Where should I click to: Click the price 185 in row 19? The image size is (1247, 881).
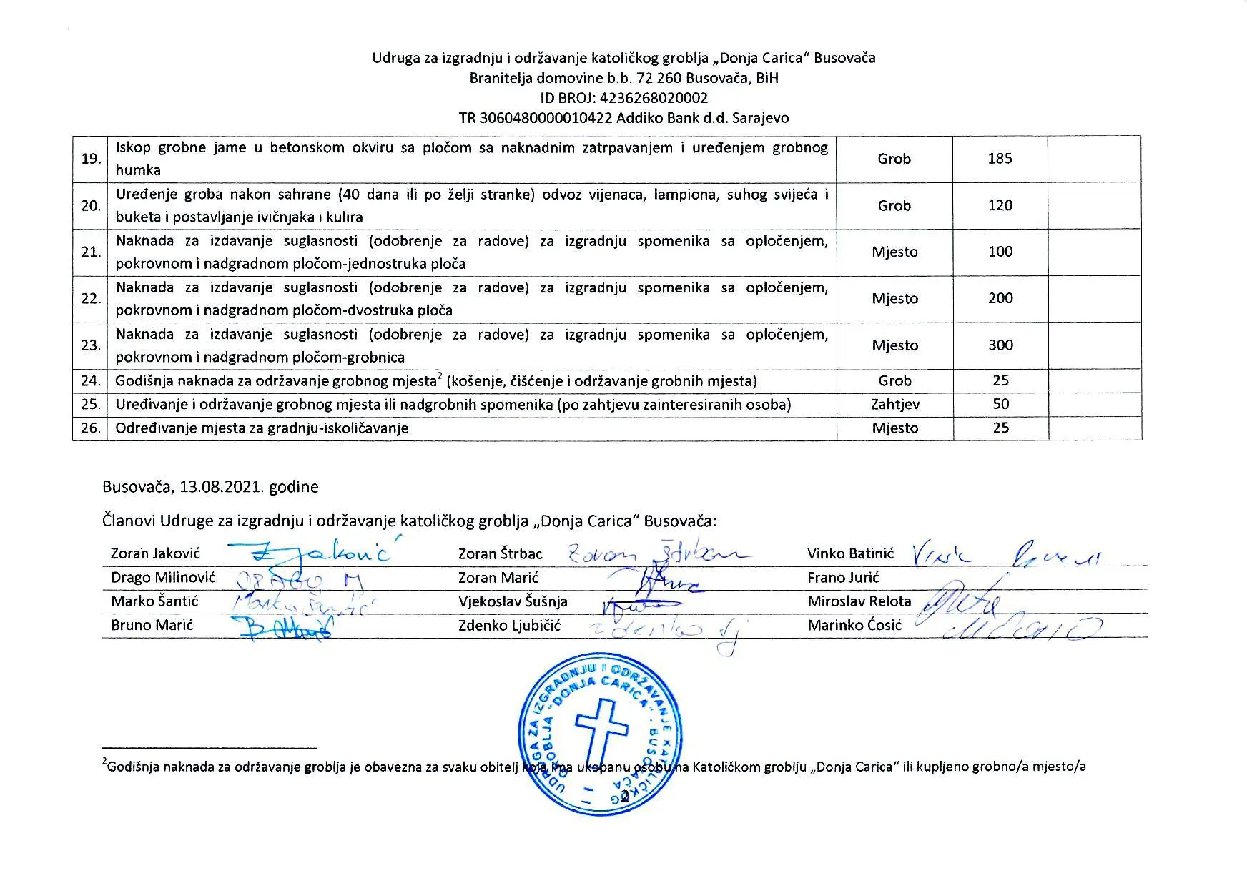click(1000, 159)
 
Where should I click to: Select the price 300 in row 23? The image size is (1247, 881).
click(1000, 345)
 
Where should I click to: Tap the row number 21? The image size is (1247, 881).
click(91, 252)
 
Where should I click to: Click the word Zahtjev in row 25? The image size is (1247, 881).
click(894, 405)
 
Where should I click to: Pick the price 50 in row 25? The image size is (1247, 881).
click(1000, 404)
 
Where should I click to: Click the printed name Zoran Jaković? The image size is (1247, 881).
click(155, 553)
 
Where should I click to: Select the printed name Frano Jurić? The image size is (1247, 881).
click(843, 578)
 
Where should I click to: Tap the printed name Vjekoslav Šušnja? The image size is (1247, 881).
click(513, 602)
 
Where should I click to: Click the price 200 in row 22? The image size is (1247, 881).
click(1000, 298)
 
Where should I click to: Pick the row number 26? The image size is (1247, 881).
click(91, 428)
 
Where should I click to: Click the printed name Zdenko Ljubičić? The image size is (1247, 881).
click(509, 626)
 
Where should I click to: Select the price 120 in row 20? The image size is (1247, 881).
click(1000, 205)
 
